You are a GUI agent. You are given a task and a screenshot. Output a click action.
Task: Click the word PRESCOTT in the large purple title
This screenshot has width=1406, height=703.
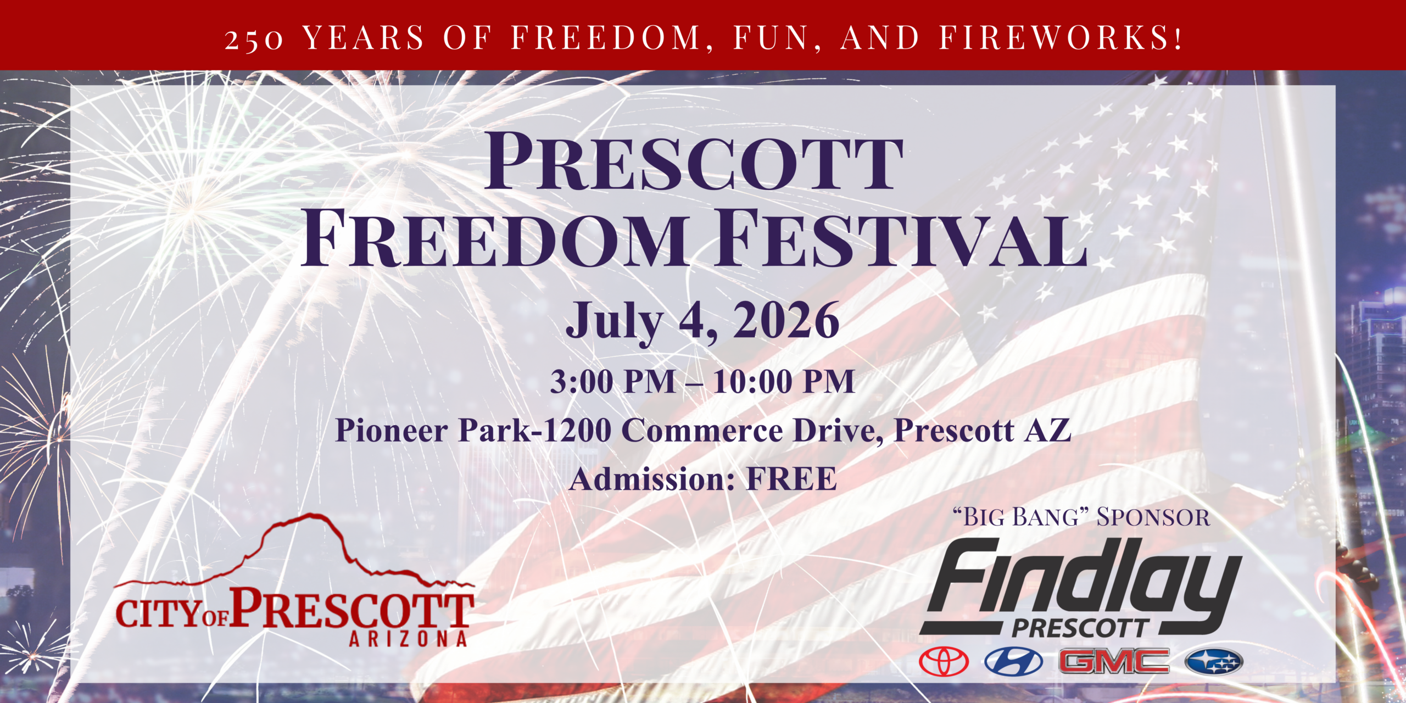[x=694, y=162]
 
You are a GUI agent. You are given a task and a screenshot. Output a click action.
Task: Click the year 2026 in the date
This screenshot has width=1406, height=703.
[x=786, y=320]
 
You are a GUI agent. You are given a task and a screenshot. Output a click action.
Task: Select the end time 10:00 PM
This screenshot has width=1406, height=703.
[x=784, y=381]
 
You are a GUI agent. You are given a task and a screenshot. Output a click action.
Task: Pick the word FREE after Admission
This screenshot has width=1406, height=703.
[x=791, y=479]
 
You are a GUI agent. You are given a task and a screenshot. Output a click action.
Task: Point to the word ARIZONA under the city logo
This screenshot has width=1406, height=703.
[x=408, y=639]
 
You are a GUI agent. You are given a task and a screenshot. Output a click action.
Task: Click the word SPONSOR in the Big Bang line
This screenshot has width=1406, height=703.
[x=1153, y=517]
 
